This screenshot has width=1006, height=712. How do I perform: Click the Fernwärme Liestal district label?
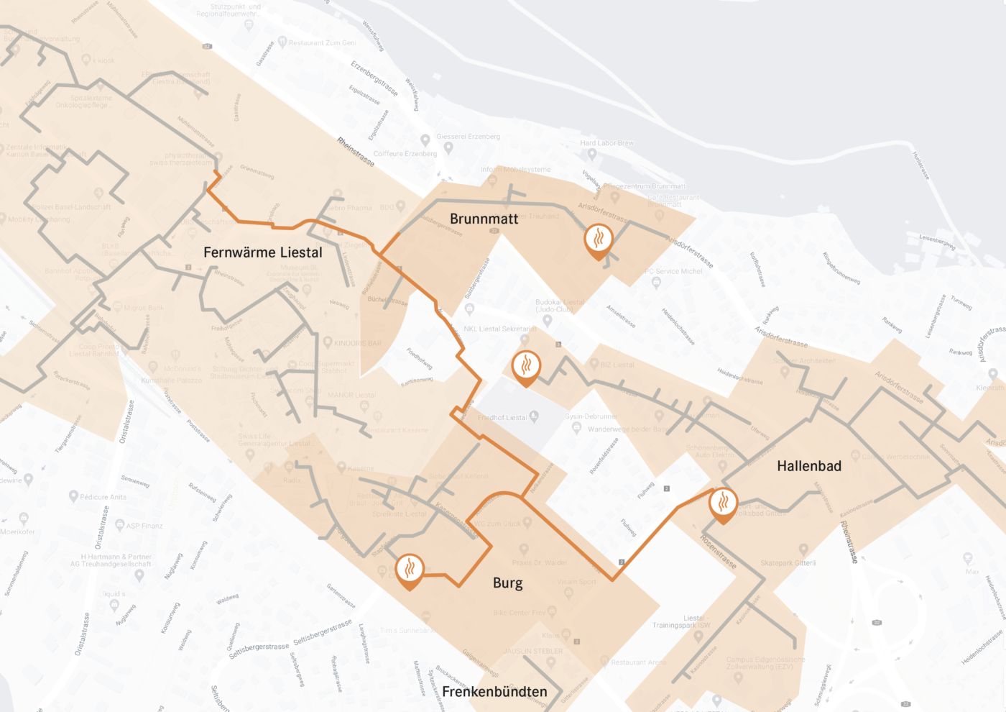(262, 252)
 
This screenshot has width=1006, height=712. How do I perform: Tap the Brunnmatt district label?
(484, 219)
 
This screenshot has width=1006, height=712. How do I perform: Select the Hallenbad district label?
(808, 466)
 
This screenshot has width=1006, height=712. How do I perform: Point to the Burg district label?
(507, 583)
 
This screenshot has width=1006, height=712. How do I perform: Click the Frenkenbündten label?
(494, 692)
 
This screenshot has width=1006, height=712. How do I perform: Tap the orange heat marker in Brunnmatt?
(599, 240)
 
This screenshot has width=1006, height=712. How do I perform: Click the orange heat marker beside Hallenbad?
(723, 503)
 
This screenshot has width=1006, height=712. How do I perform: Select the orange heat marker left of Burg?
(410, 570)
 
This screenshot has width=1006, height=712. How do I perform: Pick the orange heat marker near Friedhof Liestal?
(526, 368)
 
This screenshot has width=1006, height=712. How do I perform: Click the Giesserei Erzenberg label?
(469, 137)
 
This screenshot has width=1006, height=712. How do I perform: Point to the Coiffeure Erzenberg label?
(405, 154)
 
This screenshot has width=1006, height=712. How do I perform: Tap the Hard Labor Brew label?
(607, 143)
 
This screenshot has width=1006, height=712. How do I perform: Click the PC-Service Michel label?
(673, 271)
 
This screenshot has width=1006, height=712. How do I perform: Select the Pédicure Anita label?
(103, 497)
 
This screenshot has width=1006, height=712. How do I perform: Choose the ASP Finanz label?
(144, 526)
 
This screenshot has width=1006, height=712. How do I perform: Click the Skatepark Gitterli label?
(788, 563)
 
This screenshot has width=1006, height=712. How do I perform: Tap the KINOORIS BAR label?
(358, 343)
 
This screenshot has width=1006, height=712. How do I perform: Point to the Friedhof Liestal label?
(502, 418)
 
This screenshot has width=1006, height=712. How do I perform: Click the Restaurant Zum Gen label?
(322, 43)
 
